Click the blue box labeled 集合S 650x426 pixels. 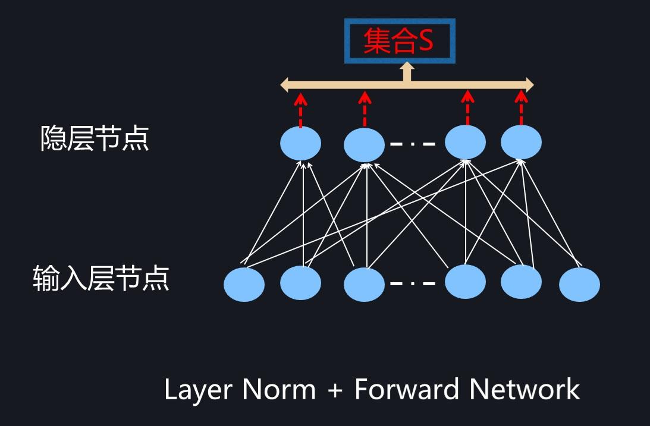[x=400, y=41]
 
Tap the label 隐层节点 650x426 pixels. [x=94, y=139]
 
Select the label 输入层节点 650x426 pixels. [x=101, y=279]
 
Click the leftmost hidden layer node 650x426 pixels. [x=300, y=143]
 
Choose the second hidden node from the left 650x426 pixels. [x=364, y=145]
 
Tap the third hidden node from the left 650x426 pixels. [x=465, y=143]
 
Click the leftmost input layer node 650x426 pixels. [x=244, y=285]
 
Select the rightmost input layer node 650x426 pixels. [x=579, y=285]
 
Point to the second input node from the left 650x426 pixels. [x=300, y=283]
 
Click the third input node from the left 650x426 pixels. [x=364, y=285]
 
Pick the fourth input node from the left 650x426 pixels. [x=465, y=282]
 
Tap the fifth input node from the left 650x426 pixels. [x=521, y=282]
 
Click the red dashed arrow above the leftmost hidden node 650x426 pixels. [x=300, y=110]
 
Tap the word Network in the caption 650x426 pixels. [x=524, y=390]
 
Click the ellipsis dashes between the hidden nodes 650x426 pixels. [x=413, y=144]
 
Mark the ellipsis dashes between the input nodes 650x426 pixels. [x=413, y=283]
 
